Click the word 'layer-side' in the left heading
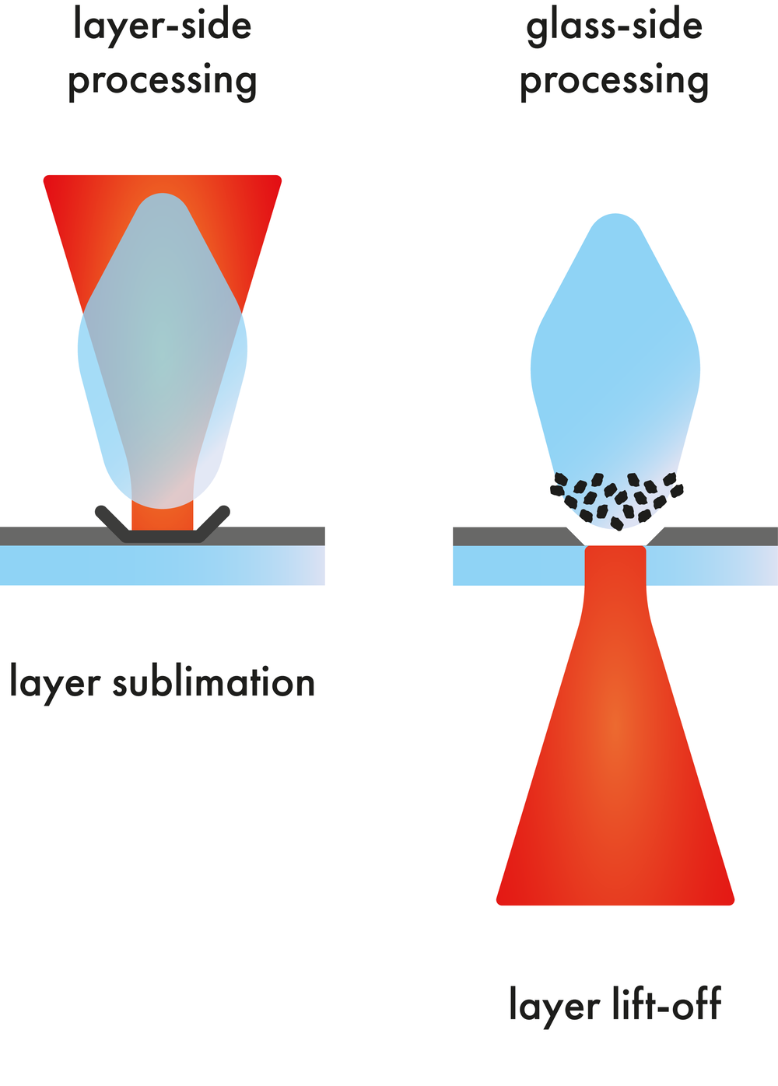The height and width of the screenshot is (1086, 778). coord(162,26)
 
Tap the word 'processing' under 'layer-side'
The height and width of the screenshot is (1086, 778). coord(162,82)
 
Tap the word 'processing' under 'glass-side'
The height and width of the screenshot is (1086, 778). coord(614,82)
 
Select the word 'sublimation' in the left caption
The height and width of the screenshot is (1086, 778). coord(214,682)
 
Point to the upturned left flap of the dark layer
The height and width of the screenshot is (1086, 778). coord(113,524)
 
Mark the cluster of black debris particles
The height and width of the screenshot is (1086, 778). coord(616,496)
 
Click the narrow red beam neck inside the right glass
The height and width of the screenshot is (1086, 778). coord(615,566)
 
